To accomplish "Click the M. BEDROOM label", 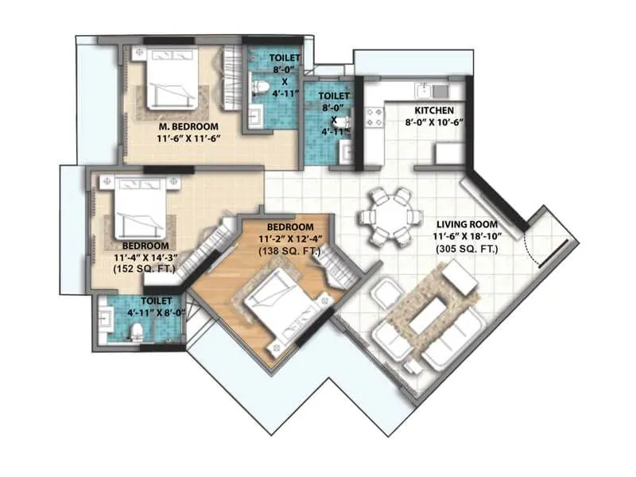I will click(x=188, y=126).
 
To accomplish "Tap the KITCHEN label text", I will click(x=433, y=111).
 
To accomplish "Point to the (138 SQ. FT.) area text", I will click(x=288, y=251).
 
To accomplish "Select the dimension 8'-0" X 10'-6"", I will click(x=433, y=123).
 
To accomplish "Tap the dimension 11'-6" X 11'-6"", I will click(x=188, y=138).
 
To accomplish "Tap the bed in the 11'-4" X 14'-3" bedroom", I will click(x=140, y=207).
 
